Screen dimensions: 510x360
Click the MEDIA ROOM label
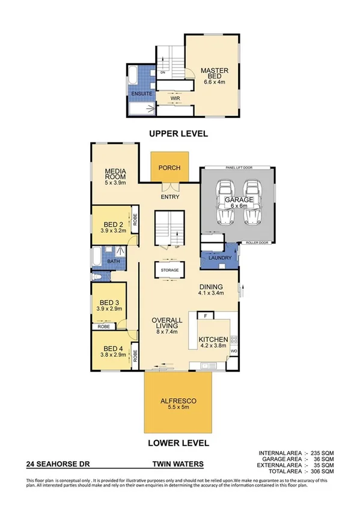click(x=115, y=174)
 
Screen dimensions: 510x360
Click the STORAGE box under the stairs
click(x=169, y=271)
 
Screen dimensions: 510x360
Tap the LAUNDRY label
click(x=220, y=258)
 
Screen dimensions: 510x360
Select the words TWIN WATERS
click(x=178, y=464)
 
